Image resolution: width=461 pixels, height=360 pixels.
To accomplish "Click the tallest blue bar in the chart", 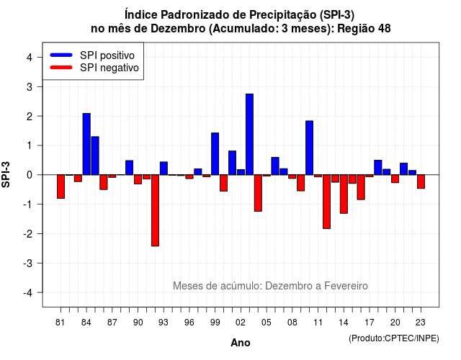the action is coord(249,135).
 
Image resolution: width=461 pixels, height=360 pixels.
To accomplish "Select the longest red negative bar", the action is coord(156,210).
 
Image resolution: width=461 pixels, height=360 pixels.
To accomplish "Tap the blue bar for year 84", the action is coord(86,144).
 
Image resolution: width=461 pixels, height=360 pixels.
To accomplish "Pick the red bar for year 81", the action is coord(61,186).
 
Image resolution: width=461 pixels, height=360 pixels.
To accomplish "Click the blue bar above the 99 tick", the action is coord(215,153).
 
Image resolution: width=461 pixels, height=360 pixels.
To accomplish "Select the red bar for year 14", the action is coord(344,194).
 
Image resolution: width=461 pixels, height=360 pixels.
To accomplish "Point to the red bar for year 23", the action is coord(421,181).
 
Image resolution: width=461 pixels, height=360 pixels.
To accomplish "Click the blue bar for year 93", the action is coord(164,168).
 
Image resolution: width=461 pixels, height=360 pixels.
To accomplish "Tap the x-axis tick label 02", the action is coord(241,323).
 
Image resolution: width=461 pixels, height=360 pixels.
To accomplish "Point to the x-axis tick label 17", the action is coord(370,323).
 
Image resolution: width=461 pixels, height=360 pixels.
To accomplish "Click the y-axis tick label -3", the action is coord(28,263).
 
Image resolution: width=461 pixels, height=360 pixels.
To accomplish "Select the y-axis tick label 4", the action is coord(30,58).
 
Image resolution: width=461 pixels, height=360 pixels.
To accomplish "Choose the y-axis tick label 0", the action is coord(30,175).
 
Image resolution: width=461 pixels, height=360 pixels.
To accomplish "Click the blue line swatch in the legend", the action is coord(61,55).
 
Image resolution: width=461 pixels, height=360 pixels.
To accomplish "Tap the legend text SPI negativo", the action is coord(109,68).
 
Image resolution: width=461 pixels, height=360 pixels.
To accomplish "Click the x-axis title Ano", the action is coord(241,343).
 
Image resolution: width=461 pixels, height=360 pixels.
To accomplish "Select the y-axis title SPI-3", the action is coord(6,174).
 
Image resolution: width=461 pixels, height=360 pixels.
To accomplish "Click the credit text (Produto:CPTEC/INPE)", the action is coord(394,338).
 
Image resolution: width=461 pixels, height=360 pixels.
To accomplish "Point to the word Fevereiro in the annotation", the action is coord(346,286).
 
